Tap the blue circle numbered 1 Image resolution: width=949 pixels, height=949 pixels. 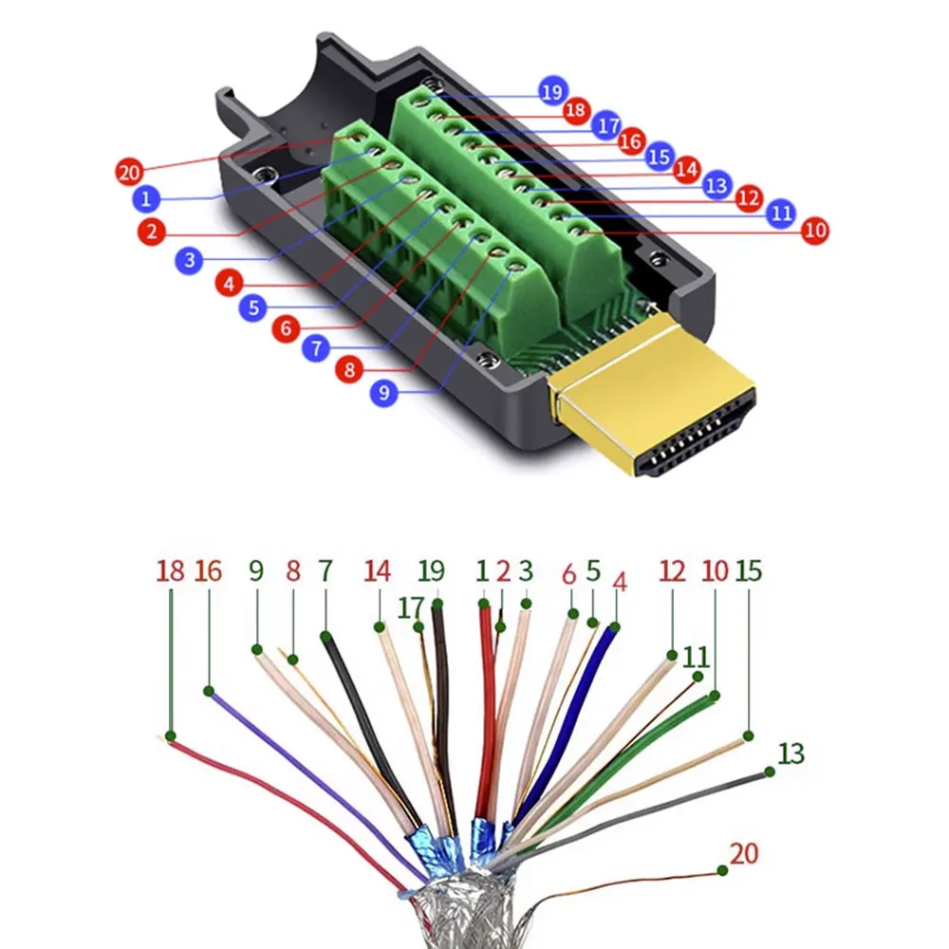[x=145, y=199]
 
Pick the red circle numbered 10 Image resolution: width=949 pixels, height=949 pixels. [x=814, y=230]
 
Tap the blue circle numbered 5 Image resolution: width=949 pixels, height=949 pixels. [x=253, y=307]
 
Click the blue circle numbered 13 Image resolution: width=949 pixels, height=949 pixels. [x=717, y=184]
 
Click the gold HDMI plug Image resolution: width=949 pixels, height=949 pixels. [x=655, y=399]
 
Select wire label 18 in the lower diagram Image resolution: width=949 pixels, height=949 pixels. [x=171, y=571]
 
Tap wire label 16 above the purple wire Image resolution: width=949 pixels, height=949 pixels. [x=208, y=571]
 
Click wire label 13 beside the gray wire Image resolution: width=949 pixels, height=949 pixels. [x=791, y=754]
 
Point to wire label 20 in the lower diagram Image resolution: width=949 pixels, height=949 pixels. [x=745, y=853]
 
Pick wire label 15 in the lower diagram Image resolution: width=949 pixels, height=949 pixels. [x=748, y=571]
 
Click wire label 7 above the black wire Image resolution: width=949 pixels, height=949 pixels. [x=326, y=571]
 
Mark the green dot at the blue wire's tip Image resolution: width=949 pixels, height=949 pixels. [x=615, y=627]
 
